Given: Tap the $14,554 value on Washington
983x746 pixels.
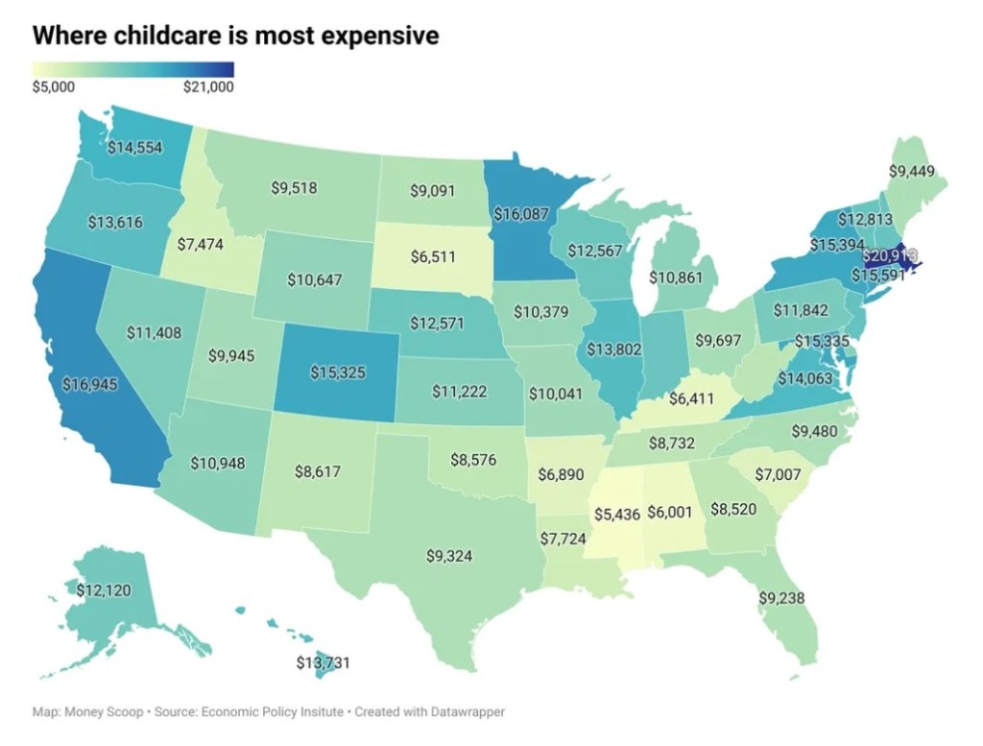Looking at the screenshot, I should click(134, 147).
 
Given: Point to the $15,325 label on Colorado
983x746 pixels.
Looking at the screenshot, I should click(337, 372).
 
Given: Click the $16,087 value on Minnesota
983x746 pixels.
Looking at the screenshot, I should click(522, 214).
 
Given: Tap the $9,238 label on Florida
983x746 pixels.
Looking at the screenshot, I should click(780, 597).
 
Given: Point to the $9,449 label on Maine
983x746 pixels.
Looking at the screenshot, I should click(915, 172).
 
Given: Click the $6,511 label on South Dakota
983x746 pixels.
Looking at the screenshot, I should click(436, 257).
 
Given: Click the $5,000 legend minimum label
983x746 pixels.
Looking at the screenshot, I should click(54, 87).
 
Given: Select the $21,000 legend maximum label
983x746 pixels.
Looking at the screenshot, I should click(208, 87).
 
